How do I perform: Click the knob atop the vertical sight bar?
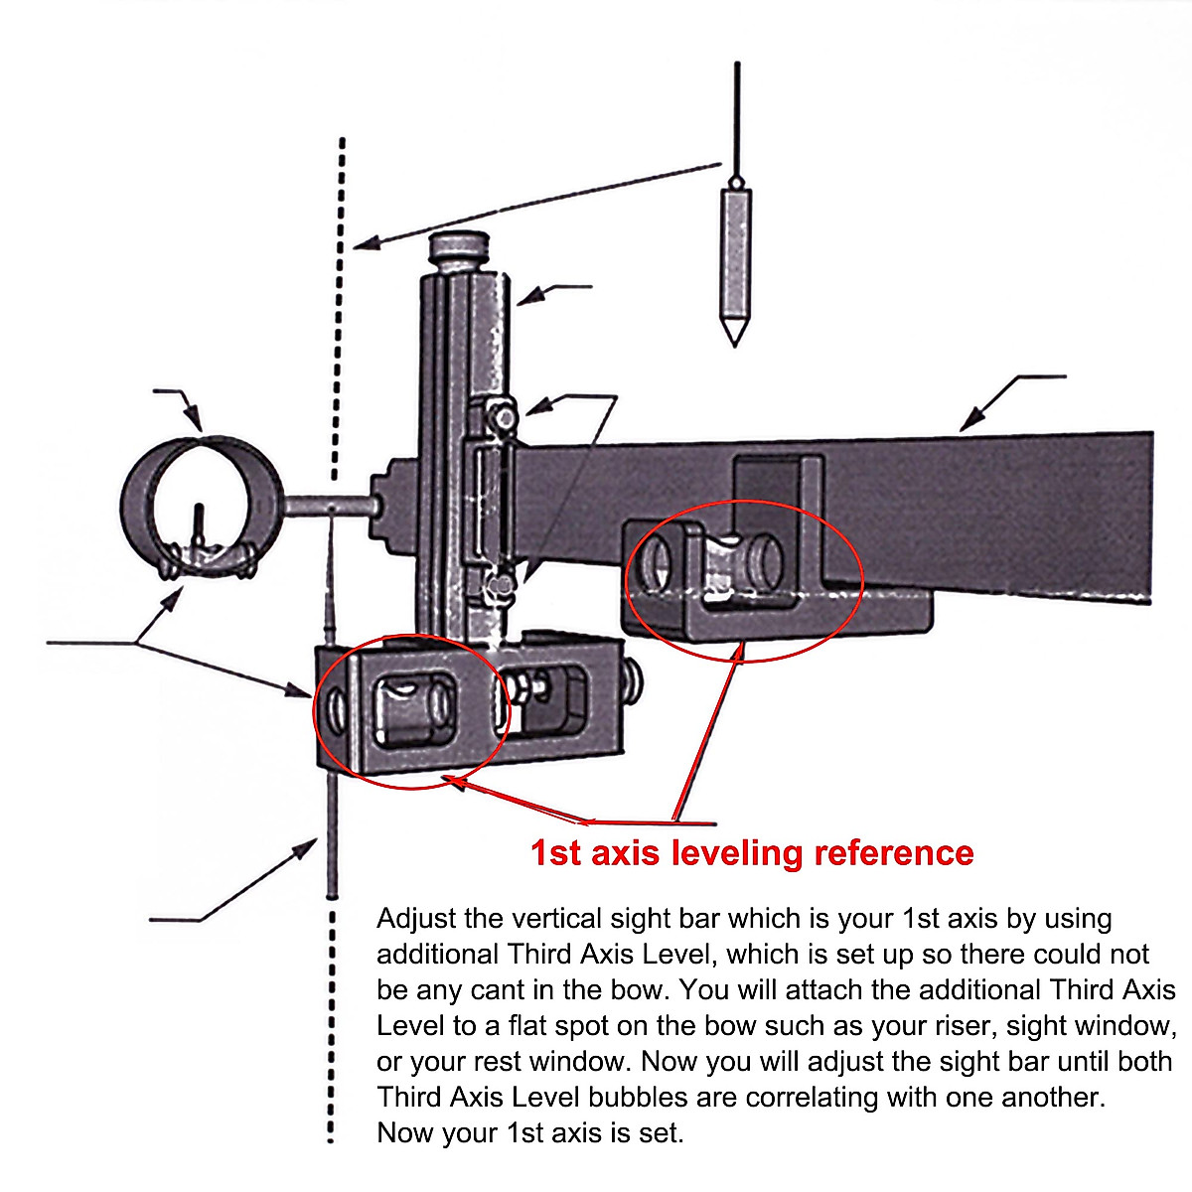pyautogui.click(x=458, y=249)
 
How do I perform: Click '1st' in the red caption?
pyautogui.click(x=555, y=853)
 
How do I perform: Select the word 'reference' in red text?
pyautogui.click(x=894, y=853)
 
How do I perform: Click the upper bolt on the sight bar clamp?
pyautogui.click(x=504, y=414)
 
